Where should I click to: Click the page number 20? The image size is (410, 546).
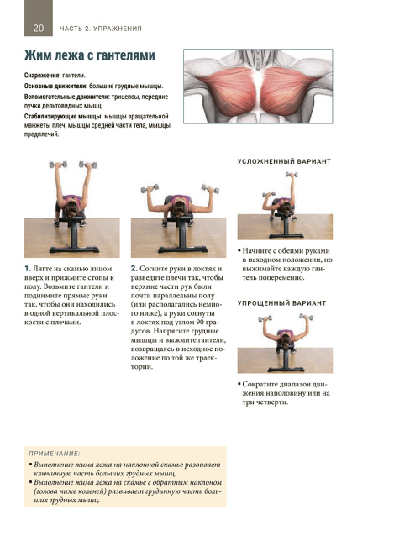click(39, 28)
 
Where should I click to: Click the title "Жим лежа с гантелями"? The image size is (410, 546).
click(90, 55)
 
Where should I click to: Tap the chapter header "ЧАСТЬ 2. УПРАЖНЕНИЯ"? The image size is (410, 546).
click(101, 29)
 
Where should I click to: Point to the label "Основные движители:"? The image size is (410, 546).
click(55, 86)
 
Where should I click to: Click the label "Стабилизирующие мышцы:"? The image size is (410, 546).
click(63, 116)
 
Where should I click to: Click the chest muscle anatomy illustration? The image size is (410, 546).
click(258, 87)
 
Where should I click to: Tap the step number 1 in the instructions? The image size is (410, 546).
click(28, 269)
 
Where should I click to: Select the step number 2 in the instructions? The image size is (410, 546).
click(134, 269)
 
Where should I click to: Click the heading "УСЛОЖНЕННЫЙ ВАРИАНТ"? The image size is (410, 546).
click(284, 161)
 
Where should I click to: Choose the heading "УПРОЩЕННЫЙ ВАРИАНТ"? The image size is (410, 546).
click(281, 303)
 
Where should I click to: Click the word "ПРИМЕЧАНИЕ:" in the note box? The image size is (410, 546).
click(55, 454)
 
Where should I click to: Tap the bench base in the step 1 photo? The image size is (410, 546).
click(74, 249)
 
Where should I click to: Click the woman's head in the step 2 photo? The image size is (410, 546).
click(180, 208)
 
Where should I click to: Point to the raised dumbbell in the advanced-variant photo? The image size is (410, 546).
click(292, 174)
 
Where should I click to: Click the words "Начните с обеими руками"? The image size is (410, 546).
click(286, 250)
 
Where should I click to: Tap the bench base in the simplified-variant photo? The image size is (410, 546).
click(286, 369)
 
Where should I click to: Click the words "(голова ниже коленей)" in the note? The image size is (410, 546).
click(70, 491)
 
